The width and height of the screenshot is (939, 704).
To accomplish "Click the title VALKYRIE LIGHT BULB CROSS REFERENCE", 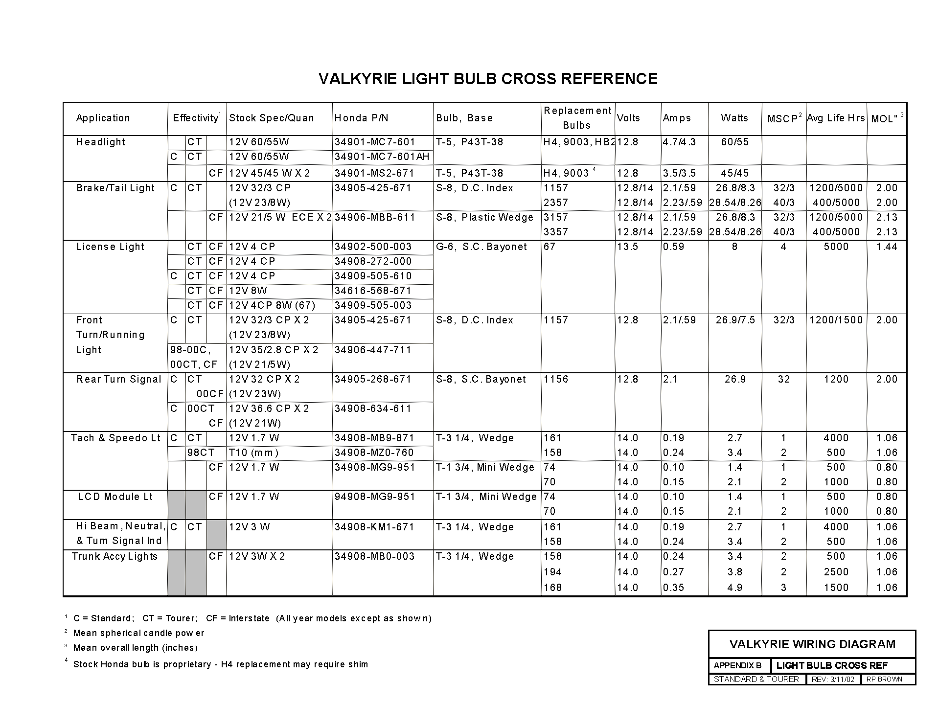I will [x=488, y=79].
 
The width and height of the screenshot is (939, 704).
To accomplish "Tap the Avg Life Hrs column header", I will [x=836, y=118].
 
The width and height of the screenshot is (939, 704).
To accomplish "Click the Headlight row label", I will [x=101, y=142].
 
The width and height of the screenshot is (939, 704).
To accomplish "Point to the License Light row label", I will [x=111, y=247].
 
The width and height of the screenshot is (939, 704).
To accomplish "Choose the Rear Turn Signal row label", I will [x=119, y=379].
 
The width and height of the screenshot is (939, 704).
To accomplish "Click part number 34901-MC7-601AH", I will [x=382, y=157].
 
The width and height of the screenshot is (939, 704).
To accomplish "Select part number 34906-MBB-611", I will [x=375, y=217].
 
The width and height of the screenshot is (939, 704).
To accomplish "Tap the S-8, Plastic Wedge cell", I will [x=485, y=217].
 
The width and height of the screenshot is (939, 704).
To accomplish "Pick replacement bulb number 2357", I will [x=556, y=203].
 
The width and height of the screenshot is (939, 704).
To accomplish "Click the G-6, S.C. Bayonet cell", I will [x=481, y=247].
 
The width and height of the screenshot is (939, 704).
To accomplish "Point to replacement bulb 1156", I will [x=556, y=379].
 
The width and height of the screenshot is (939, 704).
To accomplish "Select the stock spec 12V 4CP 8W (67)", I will [x=272, y=305].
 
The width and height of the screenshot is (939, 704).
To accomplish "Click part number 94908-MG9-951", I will [x=375, y=497].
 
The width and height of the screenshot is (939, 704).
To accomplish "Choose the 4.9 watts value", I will [x=734, y=588].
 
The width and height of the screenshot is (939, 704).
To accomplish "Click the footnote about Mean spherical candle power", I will [x=138, y=633].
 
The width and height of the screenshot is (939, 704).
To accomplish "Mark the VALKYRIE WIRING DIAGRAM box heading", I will [x=812, y=644].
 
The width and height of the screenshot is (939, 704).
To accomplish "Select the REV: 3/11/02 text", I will [x=833, y=679].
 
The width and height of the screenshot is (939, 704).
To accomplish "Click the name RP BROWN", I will [x=884, y=679].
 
